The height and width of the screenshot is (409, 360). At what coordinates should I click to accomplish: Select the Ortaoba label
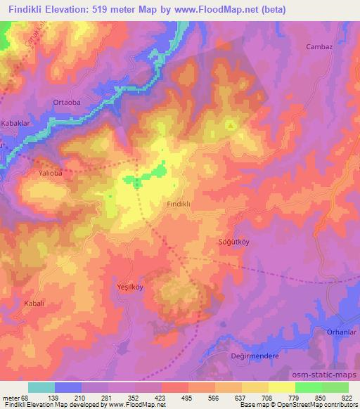67,102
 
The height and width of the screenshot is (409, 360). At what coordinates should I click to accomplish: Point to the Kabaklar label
15,121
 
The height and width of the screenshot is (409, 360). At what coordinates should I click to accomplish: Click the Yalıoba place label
51,171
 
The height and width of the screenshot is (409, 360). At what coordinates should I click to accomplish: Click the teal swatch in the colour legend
42,388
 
